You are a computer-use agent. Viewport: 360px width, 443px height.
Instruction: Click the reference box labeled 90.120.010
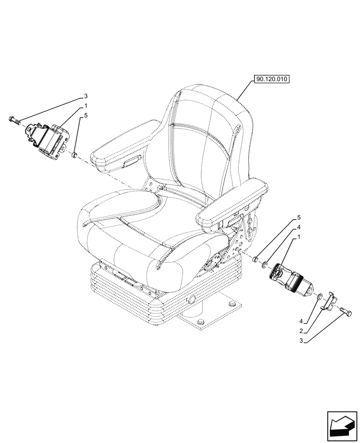click(271, 80)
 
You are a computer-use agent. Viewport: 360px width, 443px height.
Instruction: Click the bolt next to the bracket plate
click(346, 314)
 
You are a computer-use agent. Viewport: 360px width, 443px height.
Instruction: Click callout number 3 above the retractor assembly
click(86, 96)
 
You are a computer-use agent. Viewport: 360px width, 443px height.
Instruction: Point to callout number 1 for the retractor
click(86, 106)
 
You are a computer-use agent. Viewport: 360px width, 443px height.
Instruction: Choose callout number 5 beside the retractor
click(86, 116)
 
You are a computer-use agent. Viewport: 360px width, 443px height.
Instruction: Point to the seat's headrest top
click(208, 95)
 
